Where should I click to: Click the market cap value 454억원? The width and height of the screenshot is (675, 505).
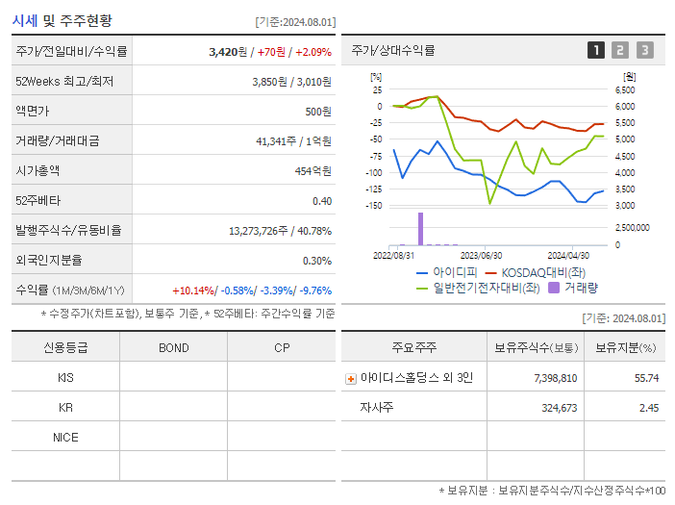[x=312, y=170]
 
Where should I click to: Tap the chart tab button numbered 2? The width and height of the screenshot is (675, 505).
[x=620, y=50]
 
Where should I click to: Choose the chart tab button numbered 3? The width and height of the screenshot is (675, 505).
[x=644, y=50]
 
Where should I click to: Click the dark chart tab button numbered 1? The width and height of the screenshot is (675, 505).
[x=596, y=50]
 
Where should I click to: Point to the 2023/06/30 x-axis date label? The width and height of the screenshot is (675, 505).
[x=481, y=256]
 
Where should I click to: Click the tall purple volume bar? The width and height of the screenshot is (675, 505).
[x=420, y=229]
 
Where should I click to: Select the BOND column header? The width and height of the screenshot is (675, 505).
[x=173, y=347]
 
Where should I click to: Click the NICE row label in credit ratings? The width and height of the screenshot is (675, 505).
[x=65, y=437]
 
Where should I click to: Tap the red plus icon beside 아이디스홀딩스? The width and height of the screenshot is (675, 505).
[x=351, y=378]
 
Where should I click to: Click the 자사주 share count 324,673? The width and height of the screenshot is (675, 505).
[x=554, y=408]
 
